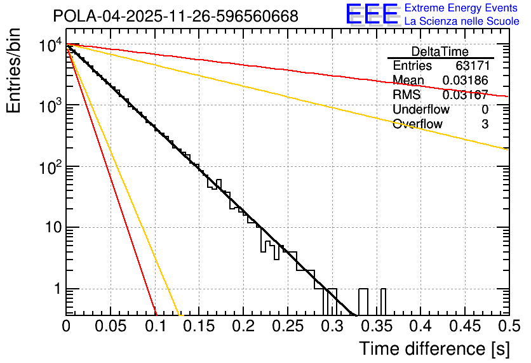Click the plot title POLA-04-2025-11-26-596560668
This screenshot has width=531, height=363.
175,16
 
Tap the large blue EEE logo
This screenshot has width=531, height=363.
372,15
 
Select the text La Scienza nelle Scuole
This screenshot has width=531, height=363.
462,22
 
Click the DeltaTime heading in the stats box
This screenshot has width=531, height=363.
440,51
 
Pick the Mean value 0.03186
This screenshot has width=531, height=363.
465,81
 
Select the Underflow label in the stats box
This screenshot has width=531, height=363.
419,110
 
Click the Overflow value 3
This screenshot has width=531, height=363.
485,124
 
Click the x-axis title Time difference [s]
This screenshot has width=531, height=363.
434,348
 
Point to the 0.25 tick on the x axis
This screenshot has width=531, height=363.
287,326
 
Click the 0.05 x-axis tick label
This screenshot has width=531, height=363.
111,326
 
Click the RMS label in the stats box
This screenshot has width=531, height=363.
407,95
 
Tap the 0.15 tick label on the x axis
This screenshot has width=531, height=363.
199,326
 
